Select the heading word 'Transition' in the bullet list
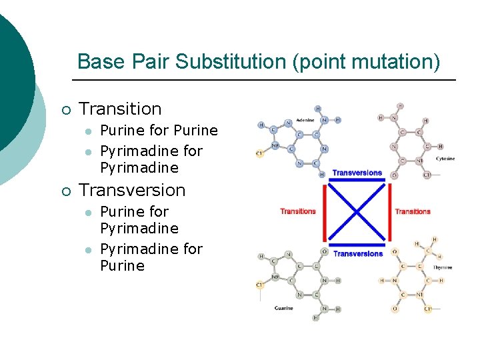click(120, 109)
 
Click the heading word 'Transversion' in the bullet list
click(132, 190)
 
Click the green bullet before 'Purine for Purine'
click(87, 131)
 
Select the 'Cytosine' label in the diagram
click(445, 159)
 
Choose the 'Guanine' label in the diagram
click(284, 308)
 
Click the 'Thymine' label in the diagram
click(443, 267)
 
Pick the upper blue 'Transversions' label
click(357, 173)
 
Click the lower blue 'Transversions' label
click(358, 253)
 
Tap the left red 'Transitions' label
click(298, 211)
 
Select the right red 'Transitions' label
click(413, 211)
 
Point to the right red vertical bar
click(390, 213)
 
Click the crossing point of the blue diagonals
click(358, 213)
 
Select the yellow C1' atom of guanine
click(260, 284)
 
